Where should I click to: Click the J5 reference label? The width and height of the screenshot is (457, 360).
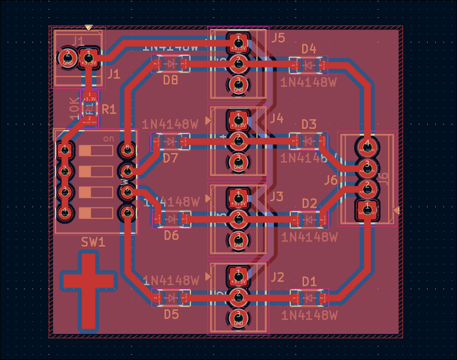[x=278, y=38]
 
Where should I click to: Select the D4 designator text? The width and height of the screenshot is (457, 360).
[x=308, y=49]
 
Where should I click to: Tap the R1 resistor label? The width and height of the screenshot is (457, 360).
[x=109, y=109]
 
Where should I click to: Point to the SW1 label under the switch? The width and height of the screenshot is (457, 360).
[x=93, y=242]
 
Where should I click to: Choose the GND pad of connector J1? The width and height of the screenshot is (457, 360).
[x=67, y=57]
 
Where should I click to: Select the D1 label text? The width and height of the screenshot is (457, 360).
[x=309, y=281]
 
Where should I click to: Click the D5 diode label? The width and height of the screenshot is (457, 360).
[x=171, y=314]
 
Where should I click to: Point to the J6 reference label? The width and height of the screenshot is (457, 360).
[x=331, y=181]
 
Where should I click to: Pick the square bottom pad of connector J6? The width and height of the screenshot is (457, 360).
[x=366, y=209]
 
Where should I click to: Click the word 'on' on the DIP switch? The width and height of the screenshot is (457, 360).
[x=109, y=139]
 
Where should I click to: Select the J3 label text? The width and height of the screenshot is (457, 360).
[x=276, y=197]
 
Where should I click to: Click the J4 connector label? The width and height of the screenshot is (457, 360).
[x=276, y=118]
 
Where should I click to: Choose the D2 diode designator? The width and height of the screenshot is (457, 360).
[x=309, y=203]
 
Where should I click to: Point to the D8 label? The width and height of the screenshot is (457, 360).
[x=170, y=81]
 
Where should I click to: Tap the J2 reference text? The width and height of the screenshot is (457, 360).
[x=276, y=277]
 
